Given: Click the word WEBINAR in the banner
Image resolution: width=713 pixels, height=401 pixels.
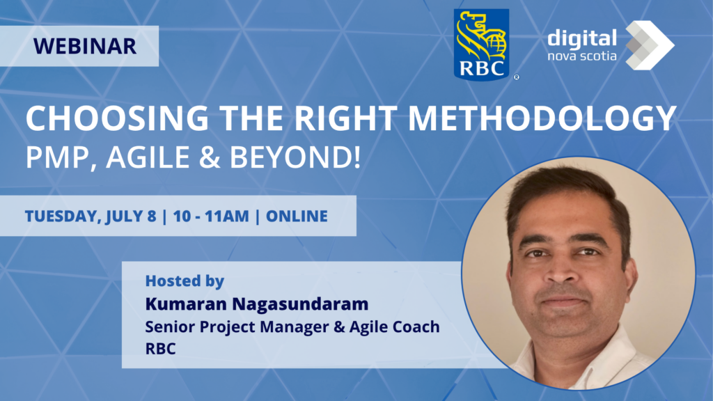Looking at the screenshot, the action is (x=84, y=46).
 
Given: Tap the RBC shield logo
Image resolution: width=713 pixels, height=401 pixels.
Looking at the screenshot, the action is (x=482, y=45).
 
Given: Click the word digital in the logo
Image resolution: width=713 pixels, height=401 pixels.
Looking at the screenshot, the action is (x=582, y=39).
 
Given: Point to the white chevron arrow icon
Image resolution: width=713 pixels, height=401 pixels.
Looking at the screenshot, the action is (x=650, y=45).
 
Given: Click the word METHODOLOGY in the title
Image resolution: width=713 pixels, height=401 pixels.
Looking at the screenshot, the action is (x=542, y=118).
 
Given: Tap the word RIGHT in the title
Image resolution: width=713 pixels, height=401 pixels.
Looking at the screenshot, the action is (x=345, y=118).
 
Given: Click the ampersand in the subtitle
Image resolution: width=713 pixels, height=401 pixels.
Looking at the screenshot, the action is (x=210, y=157).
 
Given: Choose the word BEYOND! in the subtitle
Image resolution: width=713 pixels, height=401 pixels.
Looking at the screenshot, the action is (x=295, y=157).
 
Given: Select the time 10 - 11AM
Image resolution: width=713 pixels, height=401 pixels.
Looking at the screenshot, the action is (x=211, y=216).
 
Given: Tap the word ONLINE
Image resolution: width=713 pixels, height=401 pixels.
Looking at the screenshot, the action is (x=297, y=216).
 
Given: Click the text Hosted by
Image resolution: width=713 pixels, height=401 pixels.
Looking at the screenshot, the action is (x=185, y=281).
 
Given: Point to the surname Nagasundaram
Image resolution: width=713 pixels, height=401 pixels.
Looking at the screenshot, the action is (x=301, y=304).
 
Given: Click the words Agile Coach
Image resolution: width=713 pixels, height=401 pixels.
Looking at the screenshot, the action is (x=395, y=327).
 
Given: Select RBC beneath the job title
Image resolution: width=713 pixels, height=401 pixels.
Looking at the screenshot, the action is (x=161, y=349).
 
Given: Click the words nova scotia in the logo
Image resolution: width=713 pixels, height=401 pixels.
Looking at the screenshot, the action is (x=582, y=56).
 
